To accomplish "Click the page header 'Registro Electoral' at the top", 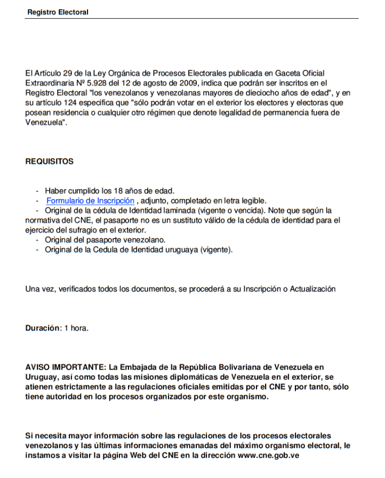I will (x=58, y=12).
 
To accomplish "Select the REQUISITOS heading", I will (x=50, y=162).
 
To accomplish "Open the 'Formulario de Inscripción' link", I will (x=90, y=201).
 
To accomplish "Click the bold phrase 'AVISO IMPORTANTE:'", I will (x=66, y=368).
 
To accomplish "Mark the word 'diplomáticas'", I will (x=162, y=378).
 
